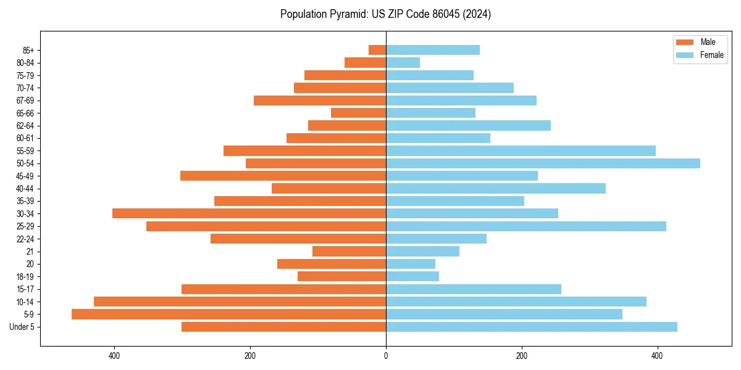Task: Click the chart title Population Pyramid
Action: coord(385,14)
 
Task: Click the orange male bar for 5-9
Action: coord(228,314)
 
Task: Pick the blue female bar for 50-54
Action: coord(543,163)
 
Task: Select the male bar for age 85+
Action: coord(377,50)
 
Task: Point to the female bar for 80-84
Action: coord(403,63)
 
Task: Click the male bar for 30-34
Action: coord(249,213)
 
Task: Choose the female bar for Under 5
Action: coord(531,327)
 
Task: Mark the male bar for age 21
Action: coord(349,252)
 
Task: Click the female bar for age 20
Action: coord(411,264)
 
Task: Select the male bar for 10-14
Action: coord(240,302)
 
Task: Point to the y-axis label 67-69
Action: coord(25,101)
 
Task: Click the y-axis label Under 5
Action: coord(22,327)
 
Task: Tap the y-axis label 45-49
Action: coord(25,176)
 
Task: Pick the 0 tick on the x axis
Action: coord(386,356)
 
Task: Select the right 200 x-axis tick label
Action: coord(522,356)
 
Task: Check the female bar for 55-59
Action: coord(521,151)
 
